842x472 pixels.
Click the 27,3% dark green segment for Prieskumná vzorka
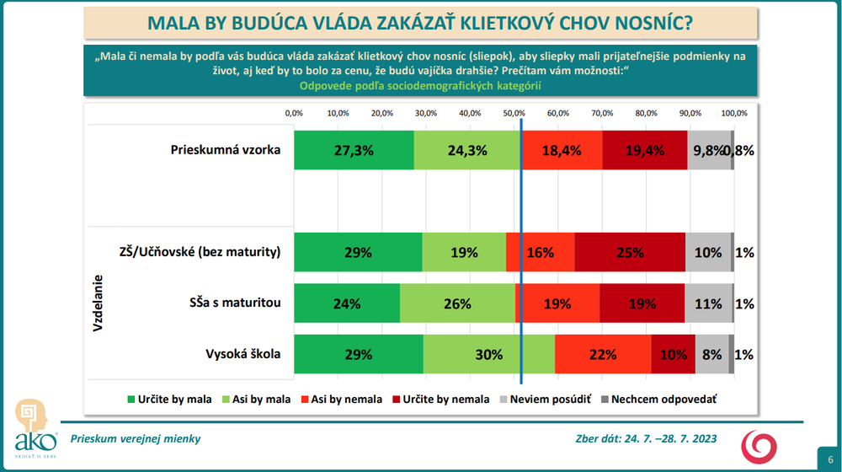point(354,151)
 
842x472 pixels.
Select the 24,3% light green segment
point(467,151)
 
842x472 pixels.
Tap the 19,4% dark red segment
point(646,151)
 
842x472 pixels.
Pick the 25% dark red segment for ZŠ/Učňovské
point(630,252)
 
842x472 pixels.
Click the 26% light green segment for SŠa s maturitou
point(457,303)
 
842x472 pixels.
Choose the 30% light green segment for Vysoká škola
point(489,354)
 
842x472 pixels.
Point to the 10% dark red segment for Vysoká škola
point(673,354)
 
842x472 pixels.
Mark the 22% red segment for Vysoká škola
point(603,354)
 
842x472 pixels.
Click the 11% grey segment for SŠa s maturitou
point(708,303)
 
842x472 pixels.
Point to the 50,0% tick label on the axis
point(514,113)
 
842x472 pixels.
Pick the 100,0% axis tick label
point(734,113)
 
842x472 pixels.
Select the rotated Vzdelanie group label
point(98,303)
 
